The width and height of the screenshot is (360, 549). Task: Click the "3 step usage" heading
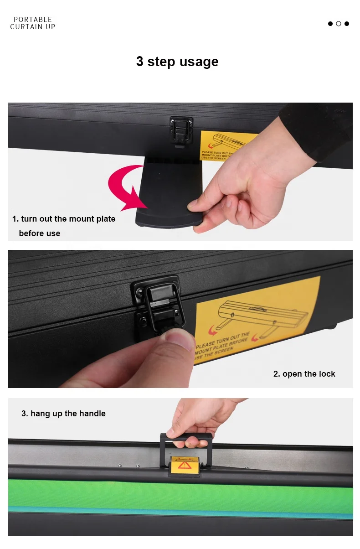[x=177, y=62]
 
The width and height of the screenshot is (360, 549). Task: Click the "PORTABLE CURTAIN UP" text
[x=33, y=23]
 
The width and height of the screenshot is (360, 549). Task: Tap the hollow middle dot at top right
[x=339, y=24]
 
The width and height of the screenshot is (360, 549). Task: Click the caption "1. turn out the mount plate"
[x=64, y=219]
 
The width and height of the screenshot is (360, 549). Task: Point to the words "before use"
[x=40, y=233]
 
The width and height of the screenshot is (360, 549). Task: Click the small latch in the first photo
[x=181, y=130]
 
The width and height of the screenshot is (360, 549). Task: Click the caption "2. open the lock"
[x=304, y=374]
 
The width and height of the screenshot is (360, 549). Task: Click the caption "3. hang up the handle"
[x=63, y=414]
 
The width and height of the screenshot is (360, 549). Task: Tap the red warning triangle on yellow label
[x=185, y=465]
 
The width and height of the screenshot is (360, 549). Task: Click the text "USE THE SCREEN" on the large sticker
[x=214, y=354]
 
